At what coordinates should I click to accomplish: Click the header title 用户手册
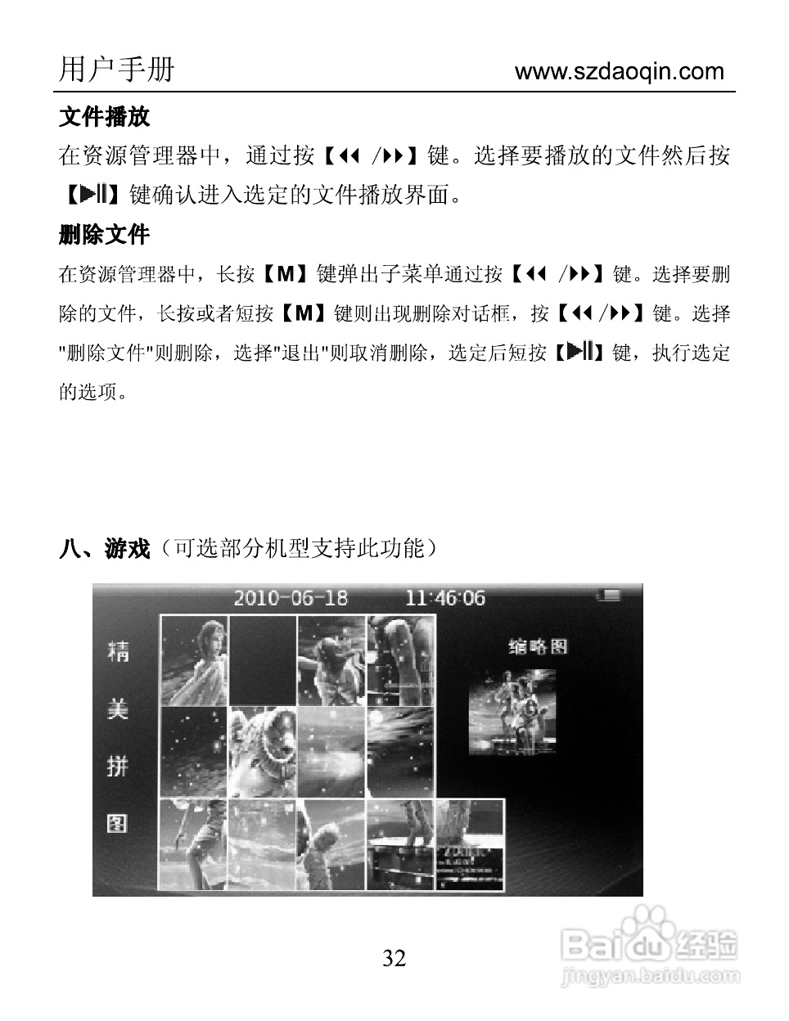[x=116, y=70]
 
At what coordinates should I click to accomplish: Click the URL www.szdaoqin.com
[x=619, y=71]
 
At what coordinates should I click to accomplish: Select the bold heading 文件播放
[x=104, y=117]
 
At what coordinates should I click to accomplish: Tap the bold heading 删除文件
[x=104, y=236]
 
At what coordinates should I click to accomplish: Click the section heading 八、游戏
[x=104, y=548]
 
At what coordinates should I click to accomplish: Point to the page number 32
[x=394, y=958]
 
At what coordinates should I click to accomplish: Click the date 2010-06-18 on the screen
[x=291, y=598]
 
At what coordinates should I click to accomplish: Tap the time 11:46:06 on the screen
[x=445, y=598]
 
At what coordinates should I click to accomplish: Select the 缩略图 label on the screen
[x=538, y=646]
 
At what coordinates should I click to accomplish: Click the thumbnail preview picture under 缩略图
[x=512, y=712]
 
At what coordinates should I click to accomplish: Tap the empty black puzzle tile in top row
[x=262, y=659]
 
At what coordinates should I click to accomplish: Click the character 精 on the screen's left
[x=118, y=651]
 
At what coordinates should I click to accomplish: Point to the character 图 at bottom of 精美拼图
[x=118, y=822]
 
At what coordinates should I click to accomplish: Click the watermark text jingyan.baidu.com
[x=651, y=975]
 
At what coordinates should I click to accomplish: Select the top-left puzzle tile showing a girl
[x=193, y=659]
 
